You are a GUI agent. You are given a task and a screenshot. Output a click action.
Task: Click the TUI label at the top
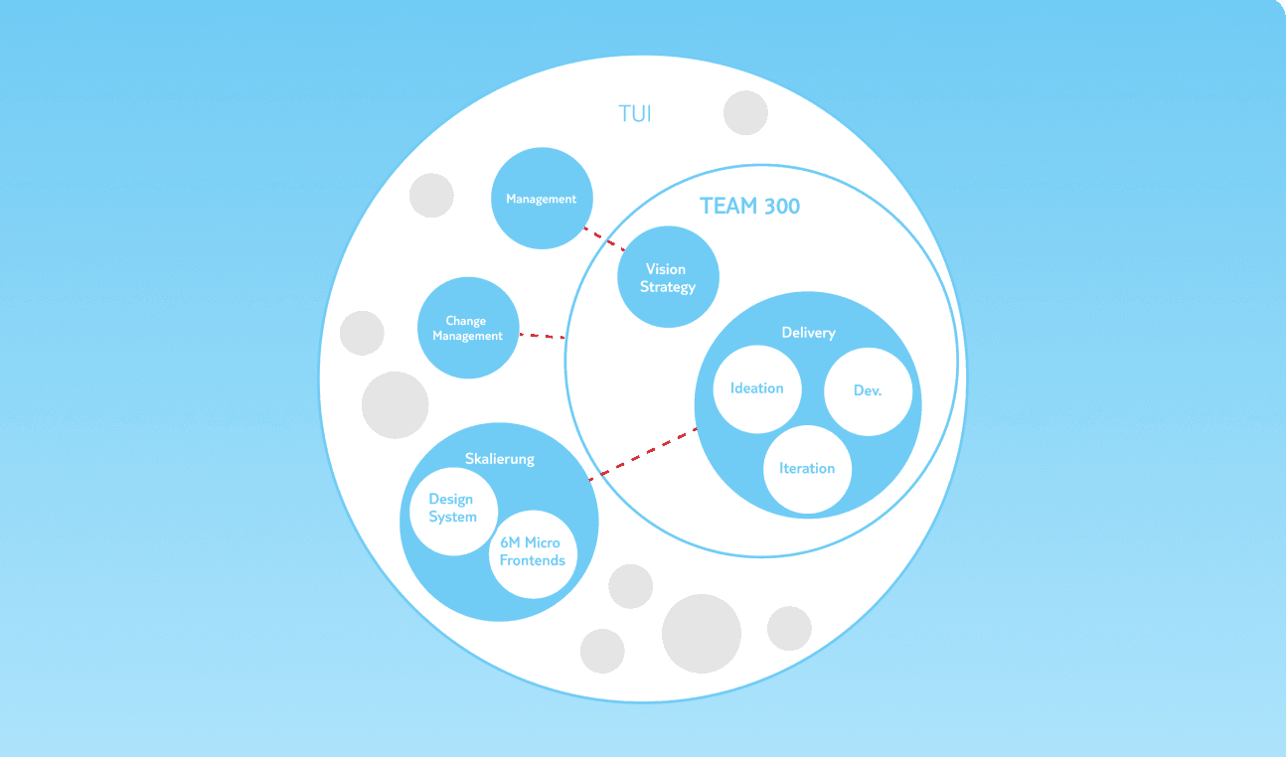tap(635, 113)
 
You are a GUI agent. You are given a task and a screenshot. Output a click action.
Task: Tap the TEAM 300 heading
tap(749, 206)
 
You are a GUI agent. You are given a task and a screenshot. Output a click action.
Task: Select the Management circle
tap(542, 198)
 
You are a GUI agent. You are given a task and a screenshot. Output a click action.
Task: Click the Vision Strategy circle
tap(668, 276)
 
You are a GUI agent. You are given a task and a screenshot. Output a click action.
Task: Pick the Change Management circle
tap(468, 328)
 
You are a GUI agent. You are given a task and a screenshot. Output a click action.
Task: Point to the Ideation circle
tap(757, 389)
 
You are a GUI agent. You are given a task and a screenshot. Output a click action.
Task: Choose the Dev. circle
tap(868, 391)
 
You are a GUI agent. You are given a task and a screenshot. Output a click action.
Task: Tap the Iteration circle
tap(807, 470)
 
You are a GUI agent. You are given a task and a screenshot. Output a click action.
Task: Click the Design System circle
tap(453, 511)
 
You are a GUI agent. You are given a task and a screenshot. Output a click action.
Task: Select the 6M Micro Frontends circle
tap(533, 554)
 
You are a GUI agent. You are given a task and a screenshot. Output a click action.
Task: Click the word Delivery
tap(808, 333)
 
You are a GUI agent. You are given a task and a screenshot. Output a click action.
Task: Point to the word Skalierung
tap(500, 459)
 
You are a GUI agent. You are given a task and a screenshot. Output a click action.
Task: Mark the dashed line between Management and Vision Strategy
tap(604, 238)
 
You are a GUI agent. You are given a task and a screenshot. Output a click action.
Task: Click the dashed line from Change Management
tap(543, 335)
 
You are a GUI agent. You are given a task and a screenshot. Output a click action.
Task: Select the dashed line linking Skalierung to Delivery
tap(643, 454)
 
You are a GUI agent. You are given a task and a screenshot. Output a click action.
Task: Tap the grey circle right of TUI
tap(745, 112)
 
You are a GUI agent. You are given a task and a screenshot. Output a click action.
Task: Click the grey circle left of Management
tap(431, 195)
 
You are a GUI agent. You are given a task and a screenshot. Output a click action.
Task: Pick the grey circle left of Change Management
tap(362, 333)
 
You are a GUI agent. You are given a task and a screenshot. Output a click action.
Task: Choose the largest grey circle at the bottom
tap(701, 634)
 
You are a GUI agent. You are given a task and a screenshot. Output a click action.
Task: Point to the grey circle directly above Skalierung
tap(395, 405)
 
